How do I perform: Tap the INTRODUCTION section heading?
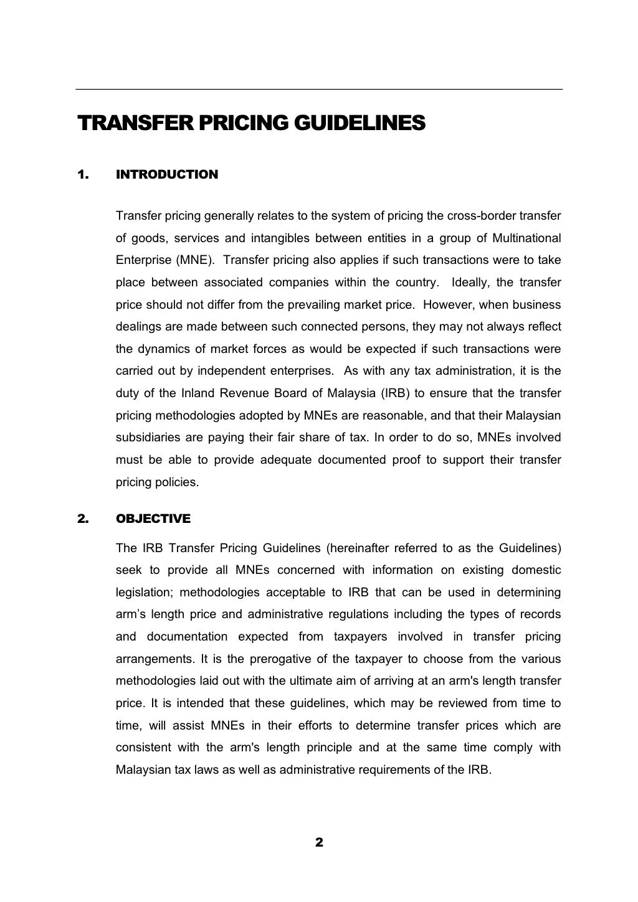click(167, 175)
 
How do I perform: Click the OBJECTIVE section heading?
click(153, 519)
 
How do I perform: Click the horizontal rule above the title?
click(319, 90)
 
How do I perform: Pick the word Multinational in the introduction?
click(526, 238)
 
